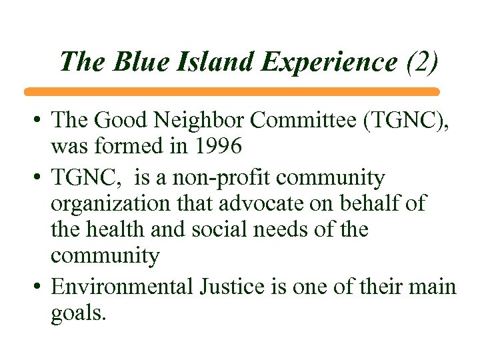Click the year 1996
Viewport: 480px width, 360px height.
coord(214,145)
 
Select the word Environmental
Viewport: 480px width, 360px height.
coord(121,287)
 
